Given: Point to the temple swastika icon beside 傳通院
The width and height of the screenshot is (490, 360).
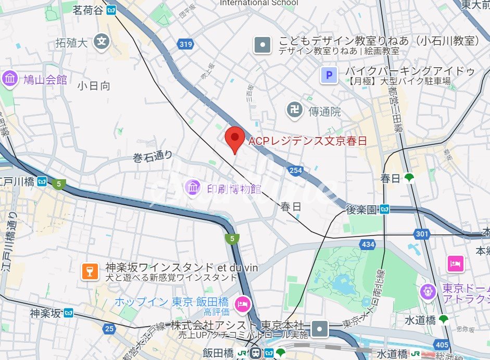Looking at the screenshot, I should click(294, 110).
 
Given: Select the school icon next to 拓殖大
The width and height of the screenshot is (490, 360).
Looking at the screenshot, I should click(103, 41).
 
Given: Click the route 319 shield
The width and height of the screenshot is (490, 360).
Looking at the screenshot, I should click(185, 44).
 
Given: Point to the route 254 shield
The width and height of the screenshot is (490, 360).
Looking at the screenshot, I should click(296, 170).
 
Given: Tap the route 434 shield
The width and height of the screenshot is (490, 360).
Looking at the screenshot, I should click(367, 244).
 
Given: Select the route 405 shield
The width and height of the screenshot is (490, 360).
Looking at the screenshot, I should click(442, 344).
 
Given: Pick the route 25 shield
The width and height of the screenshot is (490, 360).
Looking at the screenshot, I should click(109, 328).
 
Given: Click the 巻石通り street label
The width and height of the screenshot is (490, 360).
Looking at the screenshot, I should click(153, 156).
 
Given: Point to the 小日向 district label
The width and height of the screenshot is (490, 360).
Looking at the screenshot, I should click(94, 86).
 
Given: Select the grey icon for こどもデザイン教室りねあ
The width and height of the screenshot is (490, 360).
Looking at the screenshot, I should click(263, 45).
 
